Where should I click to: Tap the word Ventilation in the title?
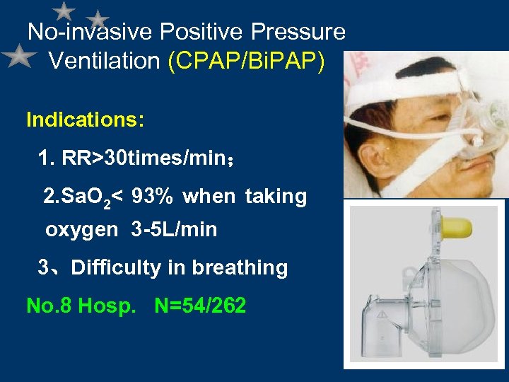click(105, 61)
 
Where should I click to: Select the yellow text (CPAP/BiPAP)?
click(247, 61)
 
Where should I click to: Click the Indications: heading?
click(86, 120)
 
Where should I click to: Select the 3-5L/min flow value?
click(174, 230)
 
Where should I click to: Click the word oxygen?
click(82, 230)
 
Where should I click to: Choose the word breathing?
click(240, 268)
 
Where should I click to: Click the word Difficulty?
click(117, 268)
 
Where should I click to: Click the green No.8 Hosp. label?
click(84, 306)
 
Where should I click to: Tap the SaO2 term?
click(76, 196)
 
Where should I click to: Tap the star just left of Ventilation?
click(19, 57)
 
